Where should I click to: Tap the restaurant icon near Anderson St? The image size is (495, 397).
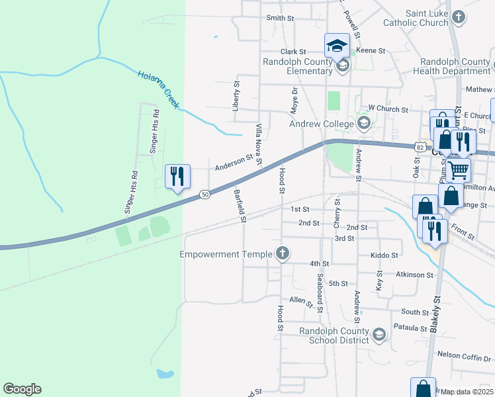pyautogui.click(x=177, y=176)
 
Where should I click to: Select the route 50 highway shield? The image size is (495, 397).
pyautogui.click(x=205, y=194)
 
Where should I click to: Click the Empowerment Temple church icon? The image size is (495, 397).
pyautogui.click(x=283, y=253)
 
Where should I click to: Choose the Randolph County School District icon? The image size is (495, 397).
pyautogui.click(x=379, y=335)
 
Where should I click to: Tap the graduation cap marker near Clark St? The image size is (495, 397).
pyautogui.click(x=337, y=46)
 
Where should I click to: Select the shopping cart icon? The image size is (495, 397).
pyautogui.click(x=457, y=170)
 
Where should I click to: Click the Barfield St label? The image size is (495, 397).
pyautogui.click(x=240, y=206)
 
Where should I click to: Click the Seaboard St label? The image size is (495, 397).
pyautogui.click(x=319, y=293)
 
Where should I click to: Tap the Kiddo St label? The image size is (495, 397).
pyautogui.click(x=384, y=255)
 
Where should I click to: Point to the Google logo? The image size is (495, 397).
pyautogui.click(x=22, y=389)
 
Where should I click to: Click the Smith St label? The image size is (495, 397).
pyautogui.click(x=280, y=18)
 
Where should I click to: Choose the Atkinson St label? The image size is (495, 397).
pyautogui.click(x=415, y=274)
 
